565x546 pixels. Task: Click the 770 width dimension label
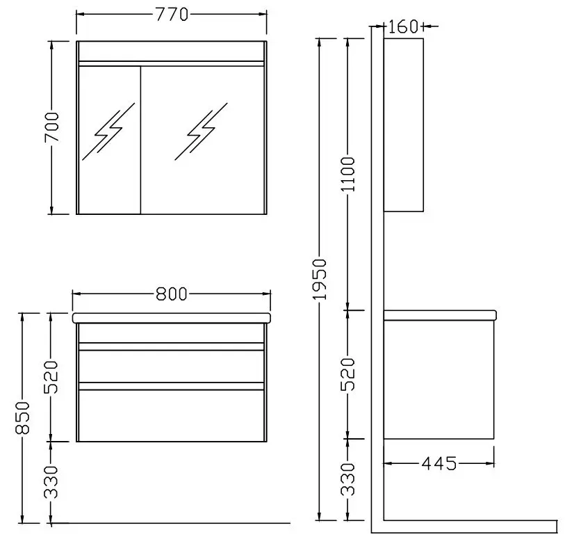pos(172,15)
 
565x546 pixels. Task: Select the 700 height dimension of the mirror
pos(51,127)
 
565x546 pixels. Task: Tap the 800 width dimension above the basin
pos(172,294)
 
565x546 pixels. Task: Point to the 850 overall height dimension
pos(22,417)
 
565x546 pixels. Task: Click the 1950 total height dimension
pos(319,279)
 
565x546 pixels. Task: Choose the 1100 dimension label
pos(348,174)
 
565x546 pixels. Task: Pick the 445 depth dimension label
pos(439,463)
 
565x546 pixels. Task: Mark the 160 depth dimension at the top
pos(403,26)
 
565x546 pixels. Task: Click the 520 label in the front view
pos(51,377)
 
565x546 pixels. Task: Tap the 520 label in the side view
pos(348,374)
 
